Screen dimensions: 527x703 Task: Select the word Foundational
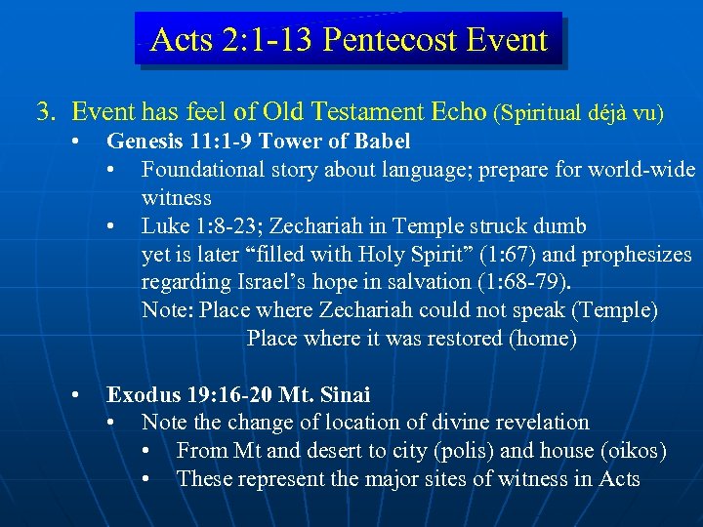(x=199, y=170)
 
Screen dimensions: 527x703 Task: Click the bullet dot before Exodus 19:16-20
(x=77, y=395)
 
